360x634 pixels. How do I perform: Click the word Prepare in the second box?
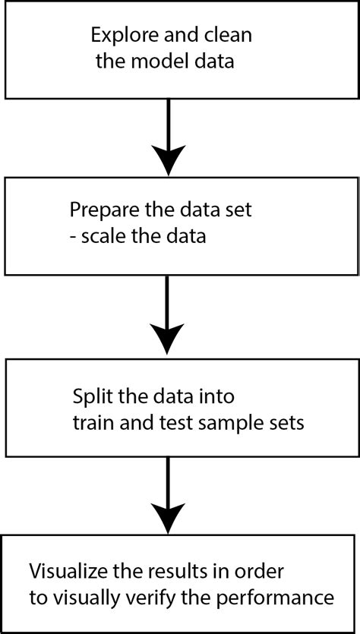(101, 209)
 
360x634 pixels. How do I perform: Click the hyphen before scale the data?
(73, 236)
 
